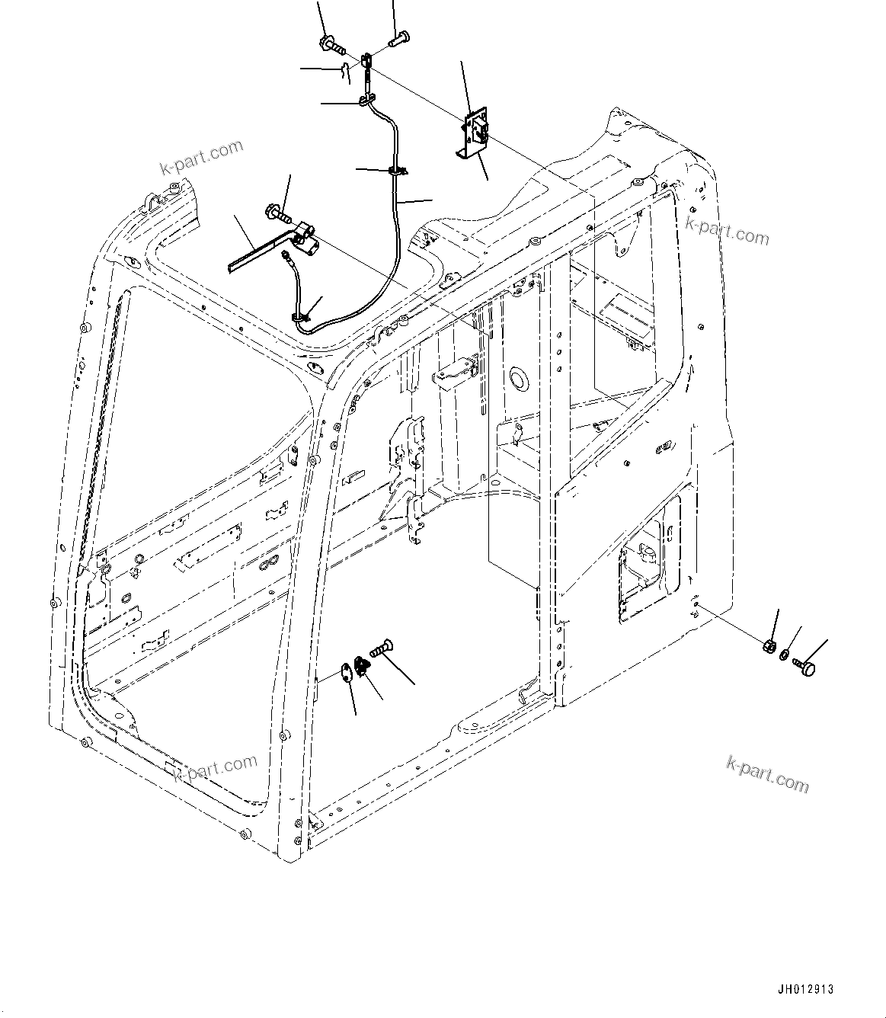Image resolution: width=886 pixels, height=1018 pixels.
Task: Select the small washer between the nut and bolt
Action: [x=785, y=655]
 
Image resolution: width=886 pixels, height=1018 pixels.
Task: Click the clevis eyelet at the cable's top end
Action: [x=367, y=60]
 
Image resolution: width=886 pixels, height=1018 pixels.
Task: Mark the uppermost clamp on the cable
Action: [x=367, y=100]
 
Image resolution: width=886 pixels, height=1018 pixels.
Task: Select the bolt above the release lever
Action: [x=278, y=213]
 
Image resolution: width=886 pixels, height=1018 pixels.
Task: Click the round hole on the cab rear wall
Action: [x=520, y=376]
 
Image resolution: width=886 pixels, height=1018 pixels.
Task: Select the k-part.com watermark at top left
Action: [x=201, y=156]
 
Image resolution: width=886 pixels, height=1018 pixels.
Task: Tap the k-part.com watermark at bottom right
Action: [x=768, y=775]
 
